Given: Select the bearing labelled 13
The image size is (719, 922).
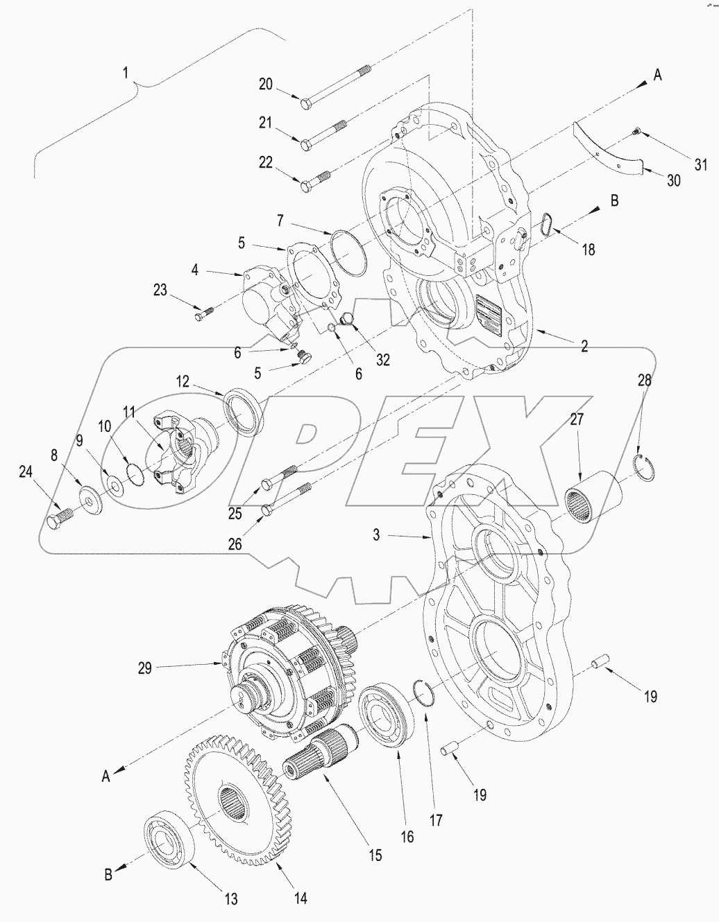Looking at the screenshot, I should pyautogui.click(x=170, y=842).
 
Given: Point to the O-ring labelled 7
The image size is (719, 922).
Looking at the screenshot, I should pyautogui.click(x=350, y=253).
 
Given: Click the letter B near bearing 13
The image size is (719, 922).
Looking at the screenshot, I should pyautogui.click(x=108, y=875).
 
